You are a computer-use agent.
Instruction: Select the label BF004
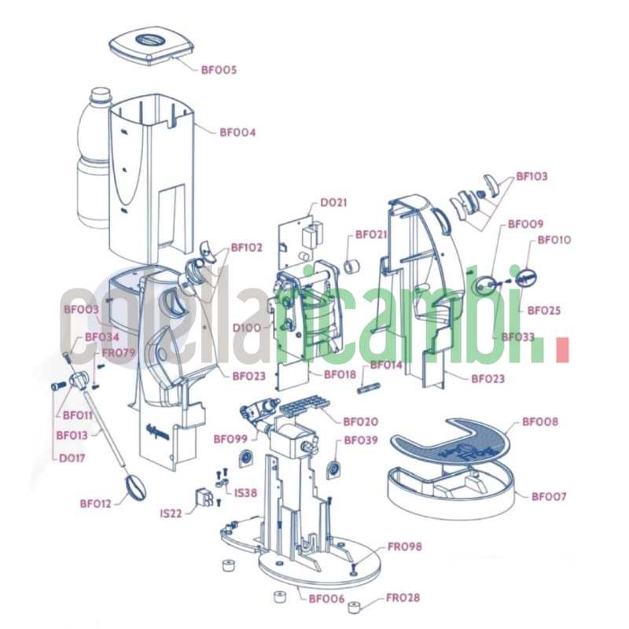click(237, 132)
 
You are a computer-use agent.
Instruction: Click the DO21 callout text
click(333, 202)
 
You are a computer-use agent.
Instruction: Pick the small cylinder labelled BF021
click(352, 267)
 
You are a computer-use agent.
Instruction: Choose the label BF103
click(532, 176)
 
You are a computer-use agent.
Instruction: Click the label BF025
click(543, 310)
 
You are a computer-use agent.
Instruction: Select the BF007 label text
click(549, 496)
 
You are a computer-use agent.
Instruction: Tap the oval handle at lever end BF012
click(135, 488)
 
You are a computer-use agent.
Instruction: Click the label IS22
click(171, 513)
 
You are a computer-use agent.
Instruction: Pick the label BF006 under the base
click(326, 598)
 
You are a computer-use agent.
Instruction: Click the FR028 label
click(403, 598)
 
